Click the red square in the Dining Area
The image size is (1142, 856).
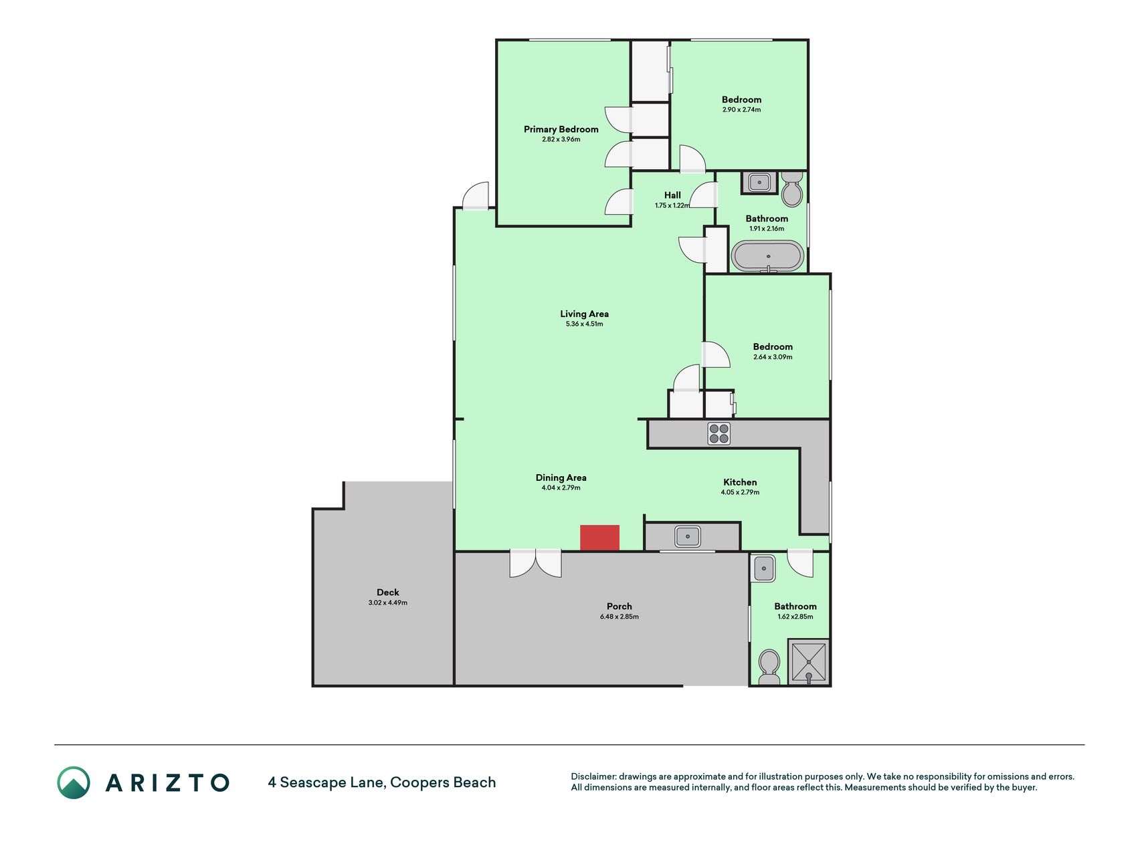599,538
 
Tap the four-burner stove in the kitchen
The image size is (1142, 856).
719,433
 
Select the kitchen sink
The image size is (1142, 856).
688,536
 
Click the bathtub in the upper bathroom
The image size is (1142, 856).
767,256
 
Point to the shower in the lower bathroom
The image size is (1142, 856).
809,662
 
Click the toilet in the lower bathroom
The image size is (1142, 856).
769,667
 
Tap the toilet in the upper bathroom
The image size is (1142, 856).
792,189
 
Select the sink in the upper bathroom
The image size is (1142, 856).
759,182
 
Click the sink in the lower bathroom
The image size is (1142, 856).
764,568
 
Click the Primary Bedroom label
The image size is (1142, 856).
561,129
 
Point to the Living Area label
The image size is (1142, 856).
584,314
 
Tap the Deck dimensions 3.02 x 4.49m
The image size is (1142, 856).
387,603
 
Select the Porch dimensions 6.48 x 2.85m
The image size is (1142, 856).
619,617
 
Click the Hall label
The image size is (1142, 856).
672,195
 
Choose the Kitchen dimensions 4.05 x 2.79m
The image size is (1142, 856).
740,492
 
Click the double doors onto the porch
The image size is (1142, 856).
535,563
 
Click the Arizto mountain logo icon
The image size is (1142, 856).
74,782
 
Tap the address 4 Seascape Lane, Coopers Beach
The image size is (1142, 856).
382,782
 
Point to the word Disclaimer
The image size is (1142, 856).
593,776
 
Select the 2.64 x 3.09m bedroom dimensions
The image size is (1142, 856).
773,357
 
